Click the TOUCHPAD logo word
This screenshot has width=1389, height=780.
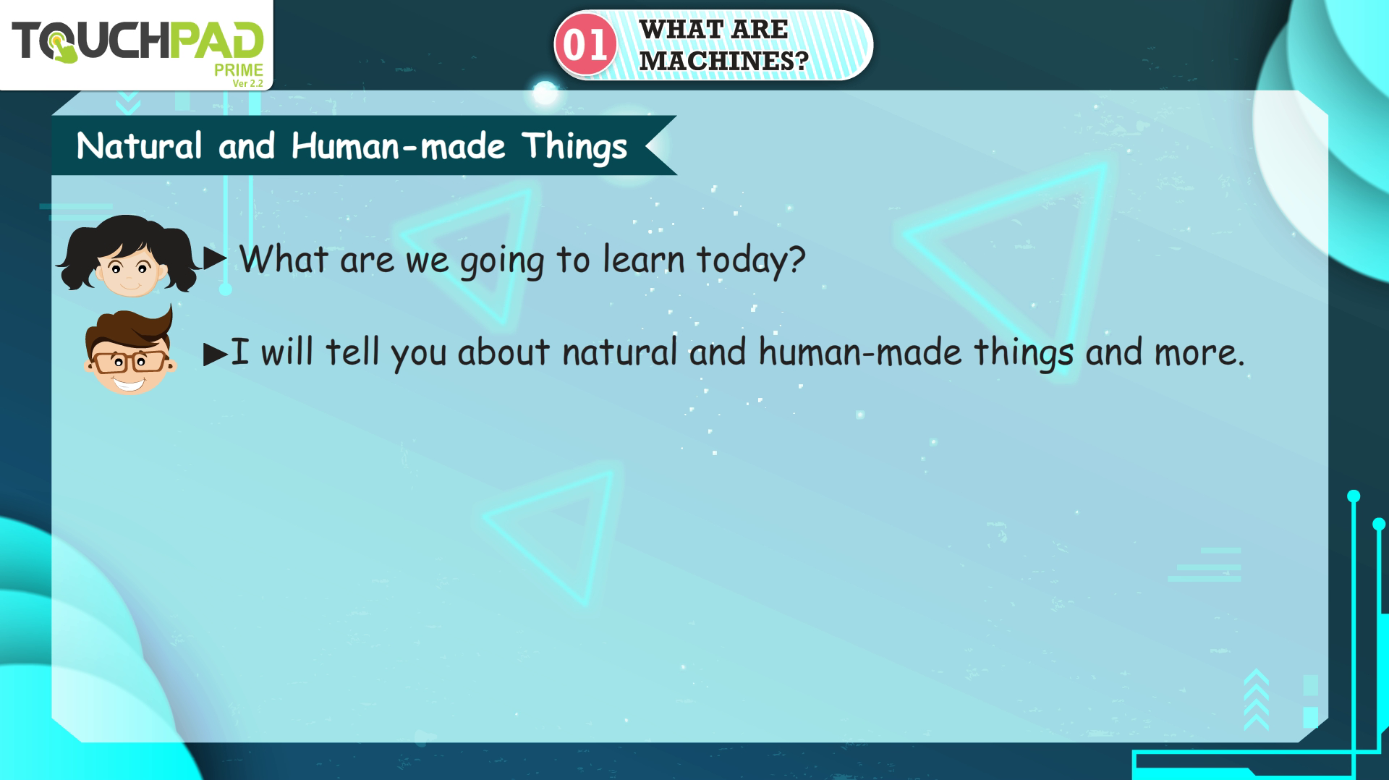coord(137,41)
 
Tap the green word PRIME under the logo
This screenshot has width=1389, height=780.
coord(238,70)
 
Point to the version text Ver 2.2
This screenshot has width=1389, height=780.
coord(247,83)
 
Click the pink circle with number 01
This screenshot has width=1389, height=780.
coord(585,45)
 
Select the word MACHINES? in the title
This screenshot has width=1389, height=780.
coord(723,61)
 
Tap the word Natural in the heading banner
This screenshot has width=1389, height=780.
coord(139,146)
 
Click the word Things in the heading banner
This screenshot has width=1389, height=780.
coord(574,148)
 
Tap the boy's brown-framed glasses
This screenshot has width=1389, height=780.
coord(129,361)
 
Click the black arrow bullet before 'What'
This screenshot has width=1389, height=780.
coord(216,258)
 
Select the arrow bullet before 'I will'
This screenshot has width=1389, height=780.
coord(216,355)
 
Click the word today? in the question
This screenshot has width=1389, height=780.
coord(751,260)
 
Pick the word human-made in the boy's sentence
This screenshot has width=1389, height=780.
coord(860,352)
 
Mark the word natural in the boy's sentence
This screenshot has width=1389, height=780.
coord(619,352)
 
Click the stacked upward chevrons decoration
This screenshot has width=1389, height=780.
coord(1257,699)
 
